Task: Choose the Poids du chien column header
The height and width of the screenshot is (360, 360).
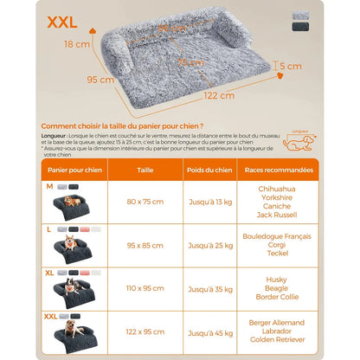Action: (x=207, y=170)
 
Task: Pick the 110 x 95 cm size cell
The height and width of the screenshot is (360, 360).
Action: (x=145, y=288)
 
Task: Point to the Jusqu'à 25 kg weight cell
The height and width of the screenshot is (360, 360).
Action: (x=207, y=245)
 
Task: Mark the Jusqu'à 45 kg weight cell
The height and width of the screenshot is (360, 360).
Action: (x=207, y=331)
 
